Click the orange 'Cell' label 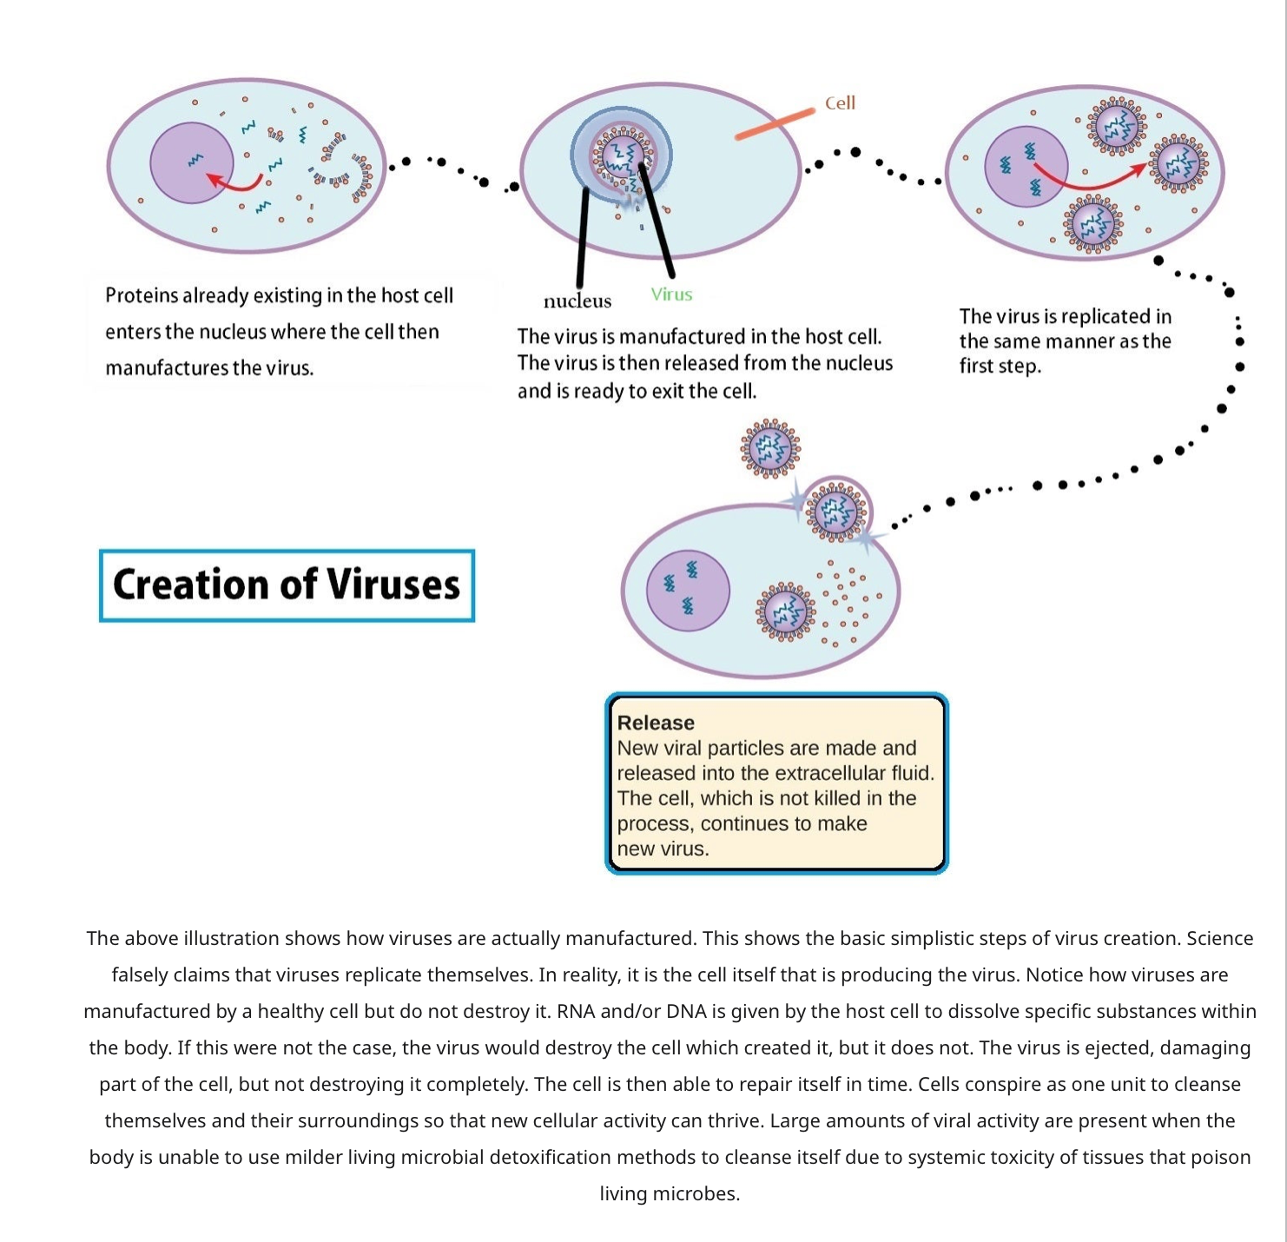click(x=839, y=103)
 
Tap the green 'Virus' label click(x=670, y=294)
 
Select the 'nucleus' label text click(x=577, y=301)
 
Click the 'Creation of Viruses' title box click(x=287, y=585)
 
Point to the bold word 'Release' click(x=656, y=723)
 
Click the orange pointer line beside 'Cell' click(x=775, y=124)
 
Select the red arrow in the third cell click(x=1089, y=177)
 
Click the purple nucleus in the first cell click(x=191, y=162)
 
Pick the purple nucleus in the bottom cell click(x=687, y=591)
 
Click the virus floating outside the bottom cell click(x=769, y=448)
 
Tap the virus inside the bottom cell click(x=785, y=611)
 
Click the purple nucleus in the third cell click(x=1026, y=166)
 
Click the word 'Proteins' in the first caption click(x=142, y=295)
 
